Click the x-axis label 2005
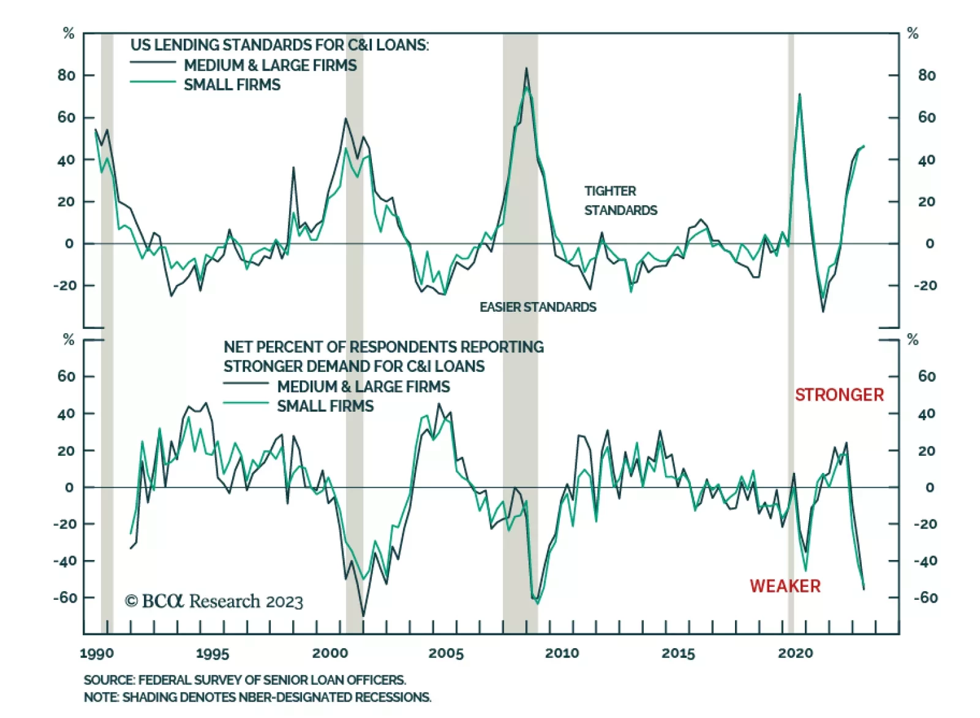[x=446, y=653]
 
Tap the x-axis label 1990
[x=97, y=653]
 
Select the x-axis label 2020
[x=795, y=653]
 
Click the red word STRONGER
[x=839, y=395]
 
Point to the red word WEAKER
[x=785, y=586]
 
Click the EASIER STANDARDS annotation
[x=538, y=307]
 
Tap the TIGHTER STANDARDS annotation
[x=620, y=200]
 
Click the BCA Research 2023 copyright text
[x=214, y=601]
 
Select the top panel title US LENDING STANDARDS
[x=279, y=45]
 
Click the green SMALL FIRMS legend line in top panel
[x=153, y=82]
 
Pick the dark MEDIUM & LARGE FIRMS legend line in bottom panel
[x=246, y=384]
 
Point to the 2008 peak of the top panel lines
[x=526, y=69]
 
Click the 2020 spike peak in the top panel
[x=799, y=94]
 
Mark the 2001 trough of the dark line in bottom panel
[x=363, y=615]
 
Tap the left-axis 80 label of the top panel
[x=66, y=75]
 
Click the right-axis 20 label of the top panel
[x=927, y=202]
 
